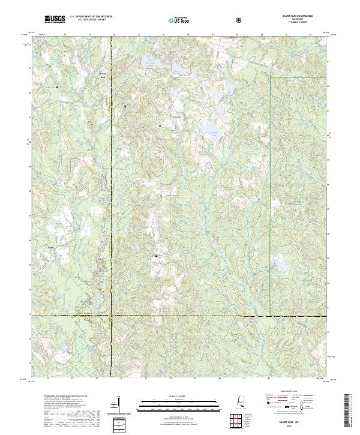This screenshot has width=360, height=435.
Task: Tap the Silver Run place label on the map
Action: coord(102,76)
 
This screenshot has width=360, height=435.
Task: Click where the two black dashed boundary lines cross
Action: coord(112,314)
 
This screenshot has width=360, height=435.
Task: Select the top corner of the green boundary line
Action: coord(271,77)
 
